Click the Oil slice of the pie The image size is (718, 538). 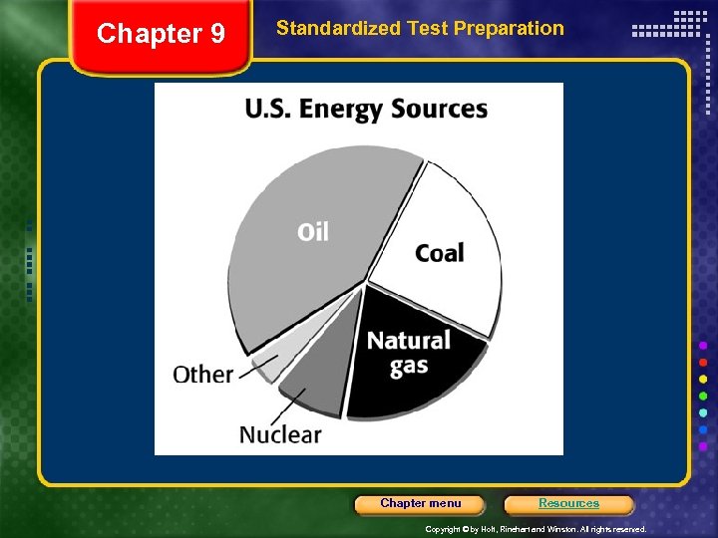pos(299,269)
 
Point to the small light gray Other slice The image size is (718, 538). pos(267,367)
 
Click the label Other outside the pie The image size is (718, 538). pos(202,375)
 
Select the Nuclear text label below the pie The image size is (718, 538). pos(280,434)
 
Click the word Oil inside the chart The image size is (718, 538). pos(312,232)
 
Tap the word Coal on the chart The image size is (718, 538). pos(440,253)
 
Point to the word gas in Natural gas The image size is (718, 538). pos(409,366)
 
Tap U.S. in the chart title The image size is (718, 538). pos(270,109)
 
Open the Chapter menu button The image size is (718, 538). pos(420,503)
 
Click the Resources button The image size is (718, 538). pos(568,503)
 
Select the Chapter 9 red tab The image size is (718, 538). pos(161,35)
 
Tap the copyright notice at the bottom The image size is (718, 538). pos(536,529)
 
